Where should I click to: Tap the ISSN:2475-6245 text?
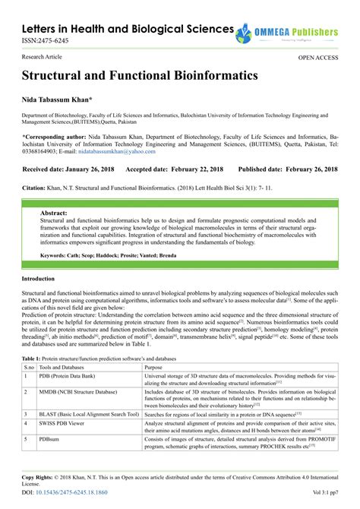click(38, 42)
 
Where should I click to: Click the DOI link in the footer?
click(65, 492)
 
